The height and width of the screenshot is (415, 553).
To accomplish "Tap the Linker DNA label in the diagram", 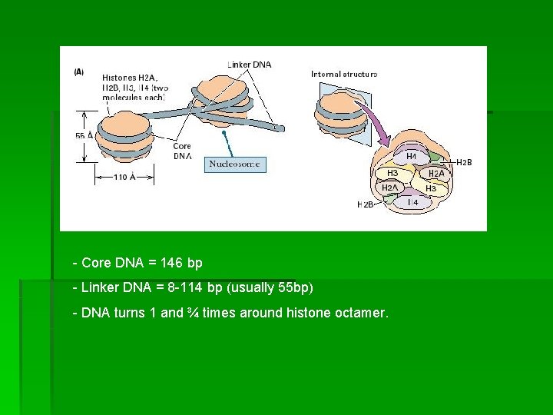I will click(x=250, y=65).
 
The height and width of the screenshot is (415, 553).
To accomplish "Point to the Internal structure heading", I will click(x=343, y=74).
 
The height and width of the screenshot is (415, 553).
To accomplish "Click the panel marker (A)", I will click(x=79, y=71).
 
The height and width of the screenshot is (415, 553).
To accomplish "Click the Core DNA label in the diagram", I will click(x=182, y=151).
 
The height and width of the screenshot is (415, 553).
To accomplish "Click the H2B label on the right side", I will click(x=465, y=162).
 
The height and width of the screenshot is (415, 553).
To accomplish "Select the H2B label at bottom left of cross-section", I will click(x=366, y=204).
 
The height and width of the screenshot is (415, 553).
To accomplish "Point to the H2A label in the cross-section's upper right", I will click(x=436, y=174).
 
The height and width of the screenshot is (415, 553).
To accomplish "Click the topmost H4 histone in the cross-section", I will click(x=412, y=156).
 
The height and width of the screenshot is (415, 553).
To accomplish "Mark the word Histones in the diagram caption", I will click(x=121, y=78).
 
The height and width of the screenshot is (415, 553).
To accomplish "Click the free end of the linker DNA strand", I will click(x=281, y=128).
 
